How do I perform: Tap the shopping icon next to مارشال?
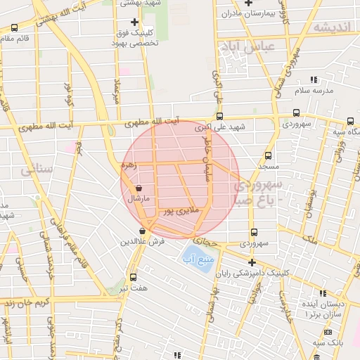click(x=139, y=188)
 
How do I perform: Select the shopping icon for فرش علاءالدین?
click(x=143, y=231)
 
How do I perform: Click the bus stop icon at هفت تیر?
click(x=133, y=277)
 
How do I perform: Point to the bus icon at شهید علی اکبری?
click(x=219, y=116)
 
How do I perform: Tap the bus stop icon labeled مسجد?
click(x=267, y=156)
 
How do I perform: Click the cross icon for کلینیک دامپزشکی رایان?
click(x=252, y=262)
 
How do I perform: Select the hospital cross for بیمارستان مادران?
click(x=247, y=3)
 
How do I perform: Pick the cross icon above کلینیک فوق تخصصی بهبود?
click(x=135, y=22)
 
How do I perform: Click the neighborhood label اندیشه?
click(x=330, y=27)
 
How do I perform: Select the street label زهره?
click(x=128, y=166)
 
